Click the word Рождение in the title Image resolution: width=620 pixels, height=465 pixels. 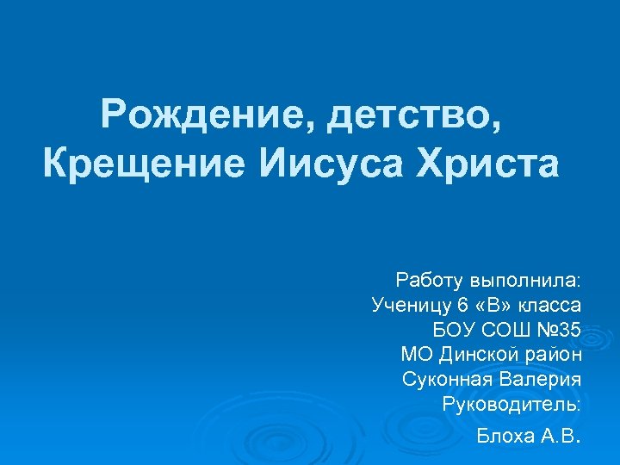[204, 115]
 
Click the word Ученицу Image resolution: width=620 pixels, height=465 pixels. [410, 305]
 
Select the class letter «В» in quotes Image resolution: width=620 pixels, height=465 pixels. [493, 305]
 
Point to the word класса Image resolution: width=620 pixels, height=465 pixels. [552, 305]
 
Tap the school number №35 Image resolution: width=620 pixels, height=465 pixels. [560, 329]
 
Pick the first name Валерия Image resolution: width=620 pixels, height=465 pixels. [540, 379]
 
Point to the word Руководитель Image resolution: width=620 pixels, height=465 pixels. [511, 403]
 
